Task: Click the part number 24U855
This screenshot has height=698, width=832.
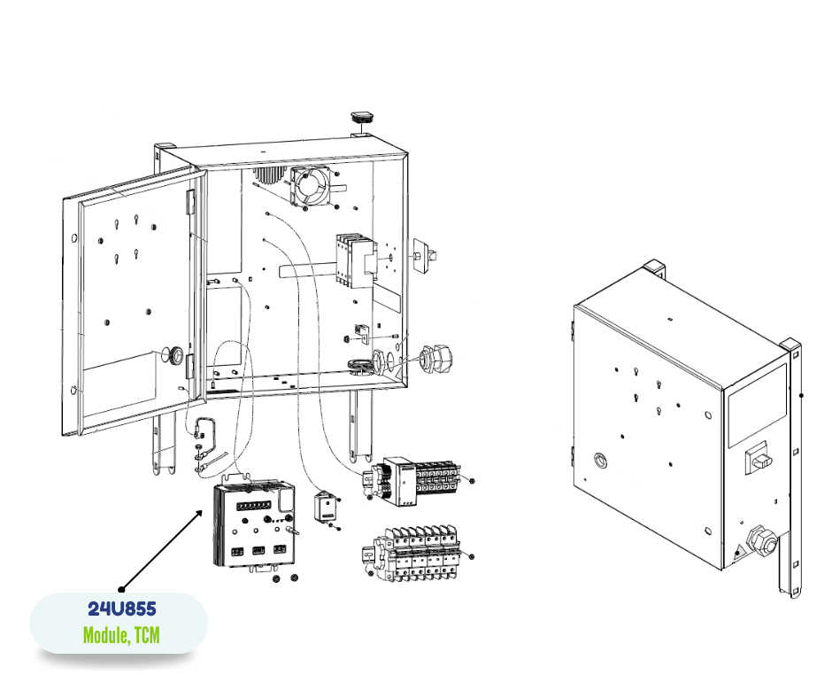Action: tap(121, 609)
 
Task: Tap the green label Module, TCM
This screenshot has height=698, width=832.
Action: tap(121, 635)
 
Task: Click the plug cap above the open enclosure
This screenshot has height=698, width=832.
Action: tap(362, 116)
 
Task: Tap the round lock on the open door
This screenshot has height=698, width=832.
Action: tap(178, 356)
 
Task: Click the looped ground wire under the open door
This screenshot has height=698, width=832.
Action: tap(206, 434)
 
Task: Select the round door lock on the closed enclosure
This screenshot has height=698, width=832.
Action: tap(601, 460)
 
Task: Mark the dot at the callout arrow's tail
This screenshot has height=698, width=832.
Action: tap(121, 588)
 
